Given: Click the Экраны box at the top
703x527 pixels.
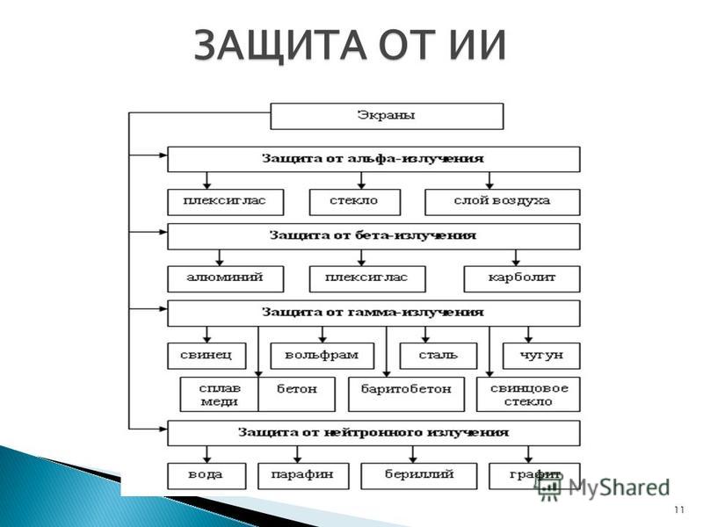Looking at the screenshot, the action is point(387,116).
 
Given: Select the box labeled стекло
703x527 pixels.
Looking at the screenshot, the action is point(355,202).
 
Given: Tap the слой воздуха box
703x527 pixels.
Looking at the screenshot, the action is point(502,202).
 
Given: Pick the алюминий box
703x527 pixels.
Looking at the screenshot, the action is point(226,278).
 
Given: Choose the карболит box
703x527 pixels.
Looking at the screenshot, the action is point(522,278).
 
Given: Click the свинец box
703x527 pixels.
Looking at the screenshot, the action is point(207,356).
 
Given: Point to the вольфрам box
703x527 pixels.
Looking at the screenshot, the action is point(322,356).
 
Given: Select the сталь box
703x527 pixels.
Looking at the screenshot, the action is point(438,356).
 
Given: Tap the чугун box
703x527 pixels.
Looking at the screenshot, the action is point(541,356).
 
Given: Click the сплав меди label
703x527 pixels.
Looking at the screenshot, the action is point(220,394).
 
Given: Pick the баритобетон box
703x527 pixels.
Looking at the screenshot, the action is point(406,393).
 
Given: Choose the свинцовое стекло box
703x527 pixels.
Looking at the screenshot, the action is point(528,393).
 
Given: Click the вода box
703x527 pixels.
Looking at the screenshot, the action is point(207,476).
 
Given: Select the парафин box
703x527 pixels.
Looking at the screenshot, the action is point(303,476).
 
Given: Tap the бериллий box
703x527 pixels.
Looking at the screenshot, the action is point(419,476).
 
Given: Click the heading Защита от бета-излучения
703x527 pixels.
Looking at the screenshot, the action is point(373,235).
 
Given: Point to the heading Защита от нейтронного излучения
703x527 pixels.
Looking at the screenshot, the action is point(373,432).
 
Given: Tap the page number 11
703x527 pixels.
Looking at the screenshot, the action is point(679,509).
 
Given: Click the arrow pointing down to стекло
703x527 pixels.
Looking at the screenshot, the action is point(361,180).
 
